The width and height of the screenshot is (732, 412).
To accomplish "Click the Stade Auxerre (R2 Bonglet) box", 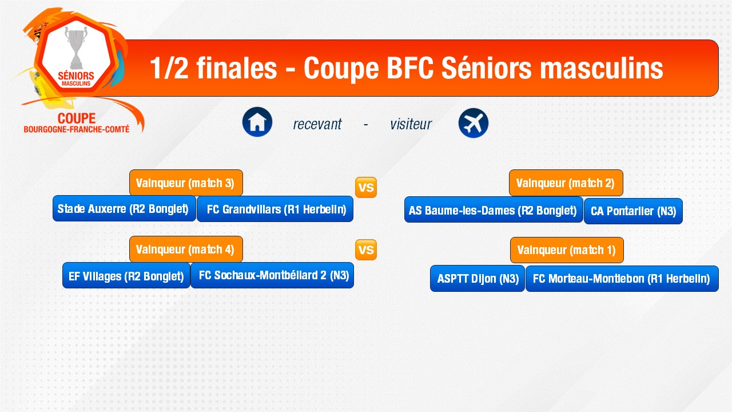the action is point(124,209).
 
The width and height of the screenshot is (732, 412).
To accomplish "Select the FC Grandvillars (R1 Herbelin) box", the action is point(275,209).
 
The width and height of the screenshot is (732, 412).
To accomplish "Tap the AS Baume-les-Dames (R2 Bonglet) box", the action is point(494,210).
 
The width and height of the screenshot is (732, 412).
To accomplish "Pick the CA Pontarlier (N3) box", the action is point(633,211).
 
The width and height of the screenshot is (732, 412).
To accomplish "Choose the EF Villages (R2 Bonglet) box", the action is point(126,275).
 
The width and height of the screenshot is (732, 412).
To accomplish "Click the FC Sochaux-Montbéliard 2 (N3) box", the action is point(272,275).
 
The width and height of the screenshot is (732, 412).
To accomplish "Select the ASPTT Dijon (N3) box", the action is point(478,278).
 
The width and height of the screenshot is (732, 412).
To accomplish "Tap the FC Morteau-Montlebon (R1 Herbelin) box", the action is point(622,279).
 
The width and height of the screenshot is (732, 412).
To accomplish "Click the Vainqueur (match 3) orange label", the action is point(186,183).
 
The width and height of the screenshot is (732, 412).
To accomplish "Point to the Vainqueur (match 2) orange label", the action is point(566,183).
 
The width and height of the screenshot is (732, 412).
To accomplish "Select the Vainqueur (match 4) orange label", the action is point(186,249).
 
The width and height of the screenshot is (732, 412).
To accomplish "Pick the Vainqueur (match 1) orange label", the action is point(567,250).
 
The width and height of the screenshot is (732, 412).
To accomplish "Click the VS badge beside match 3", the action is point(366,187).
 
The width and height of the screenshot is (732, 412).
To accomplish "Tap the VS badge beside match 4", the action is point(366,250).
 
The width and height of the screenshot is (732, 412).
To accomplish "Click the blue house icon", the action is point(257,122).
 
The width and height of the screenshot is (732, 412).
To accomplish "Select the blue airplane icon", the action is point(473,123).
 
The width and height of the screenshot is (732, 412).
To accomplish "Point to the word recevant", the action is point(317,124).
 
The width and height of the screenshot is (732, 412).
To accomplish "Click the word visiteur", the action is point(411,124).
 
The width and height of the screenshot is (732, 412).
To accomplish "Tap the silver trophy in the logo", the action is point(76,47).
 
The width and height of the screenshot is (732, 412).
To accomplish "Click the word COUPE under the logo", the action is point(77,118).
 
